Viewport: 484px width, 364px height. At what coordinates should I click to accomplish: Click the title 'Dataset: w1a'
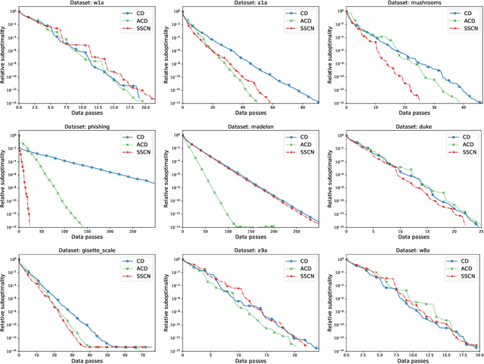coord(86,4)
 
